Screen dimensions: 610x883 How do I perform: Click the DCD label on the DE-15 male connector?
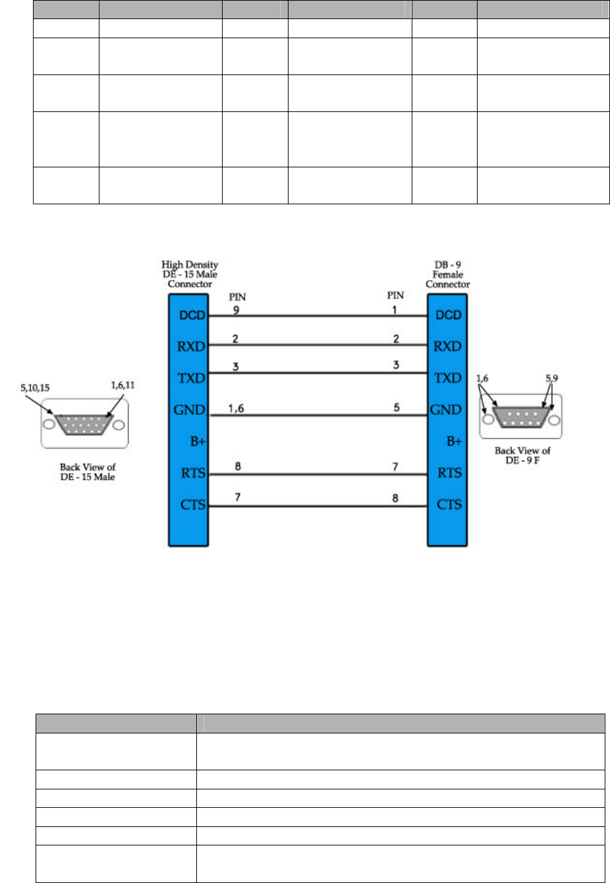192,315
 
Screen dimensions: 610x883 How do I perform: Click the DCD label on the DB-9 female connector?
449,315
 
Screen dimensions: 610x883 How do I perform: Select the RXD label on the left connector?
191,347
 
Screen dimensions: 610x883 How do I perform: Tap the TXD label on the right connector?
448,378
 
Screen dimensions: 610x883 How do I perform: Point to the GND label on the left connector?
190,410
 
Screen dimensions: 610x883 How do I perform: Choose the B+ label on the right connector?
454,441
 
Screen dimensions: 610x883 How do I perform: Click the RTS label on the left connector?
193,472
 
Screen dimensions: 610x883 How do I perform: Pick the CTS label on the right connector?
449,504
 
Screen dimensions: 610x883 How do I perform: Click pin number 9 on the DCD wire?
236,310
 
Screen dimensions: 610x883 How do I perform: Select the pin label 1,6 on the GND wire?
236,409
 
